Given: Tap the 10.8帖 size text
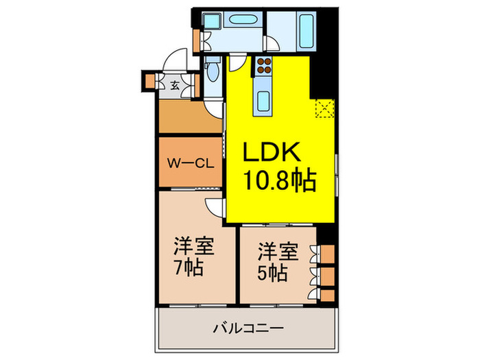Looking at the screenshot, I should [x=279, y=182].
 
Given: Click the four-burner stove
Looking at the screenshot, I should [x=265, y=67].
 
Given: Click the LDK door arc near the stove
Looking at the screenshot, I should [x=236, y=65].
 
